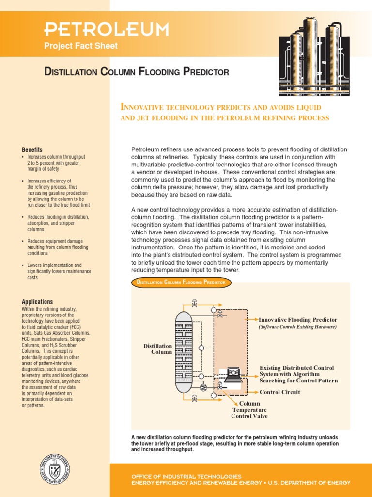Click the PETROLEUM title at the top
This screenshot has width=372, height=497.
(x=107, y=30)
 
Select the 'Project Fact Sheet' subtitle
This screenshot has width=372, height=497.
(x=81, y=47)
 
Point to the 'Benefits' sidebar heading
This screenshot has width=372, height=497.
(x=32, y=149)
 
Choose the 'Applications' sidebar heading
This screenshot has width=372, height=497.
(x=38, y=302)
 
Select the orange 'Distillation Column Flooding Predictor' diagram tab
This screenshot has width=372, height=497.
(x=181, y=282)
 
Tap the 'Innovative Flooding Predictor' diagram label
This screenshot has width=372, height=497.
(x=298, y=320)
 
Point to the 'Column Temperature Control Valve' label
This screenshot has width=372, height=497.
(x=249, y=410)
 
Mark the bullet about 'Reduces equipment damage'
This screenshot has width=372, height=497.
(x=58, y=247)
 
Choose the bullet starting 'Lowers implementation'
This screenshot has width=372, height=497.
(x=58, y=271)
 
